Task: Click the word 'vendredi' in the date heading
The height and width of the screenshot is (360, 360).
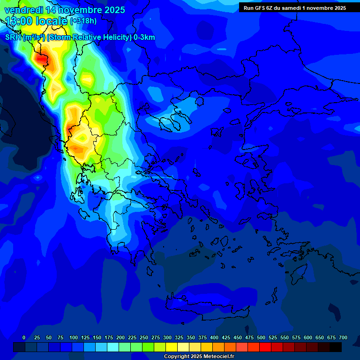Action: pyautogui.click(x=23, y=10)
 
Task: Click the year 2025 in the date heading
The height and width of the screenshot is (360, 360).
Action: pyautogui.click(x=113, y=10)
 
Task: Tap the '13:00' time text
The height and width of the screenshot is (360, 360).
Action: pyautogui.click(x=19, y=21)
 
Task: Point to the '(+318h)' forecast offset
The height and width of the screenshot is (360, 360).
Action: pyautogui.click(x=83, y=21)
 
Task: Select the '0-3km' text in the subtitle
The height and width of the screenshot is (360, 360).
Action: pyautogui.click(x=144, y=37)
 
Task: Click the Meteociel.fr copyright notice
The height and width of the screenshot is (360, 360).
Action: pyautogui.click(x=199, y=357)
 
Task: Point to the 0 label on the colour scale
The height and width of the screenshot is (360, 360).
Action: pyautogui.click(x=24, y=337)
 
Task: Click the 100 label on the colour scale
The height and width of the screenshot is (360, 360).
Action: pyautogui.click(x=74, y=337)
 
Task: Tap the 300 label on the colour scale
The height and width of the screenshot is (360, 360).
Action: pyautogui.click(x=167, y=337)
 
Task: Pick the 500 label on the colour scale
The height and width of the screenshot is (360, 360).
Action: pyautogui.click(x=261, y=337)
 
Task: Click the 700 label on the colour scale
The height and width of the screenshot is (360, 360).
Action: pyautogui.click(x=343, y=337)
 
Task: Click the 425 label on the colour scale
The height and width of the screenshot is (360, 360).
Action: pyautogui.click(x=226, y=337)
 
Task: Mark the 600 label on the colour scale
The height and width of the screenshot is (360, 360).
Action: pyautogui.click(x=308, y=337)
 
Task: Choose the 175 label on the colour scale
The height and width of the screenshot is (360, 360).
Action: pyautogui.click(x=109, y=337)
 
